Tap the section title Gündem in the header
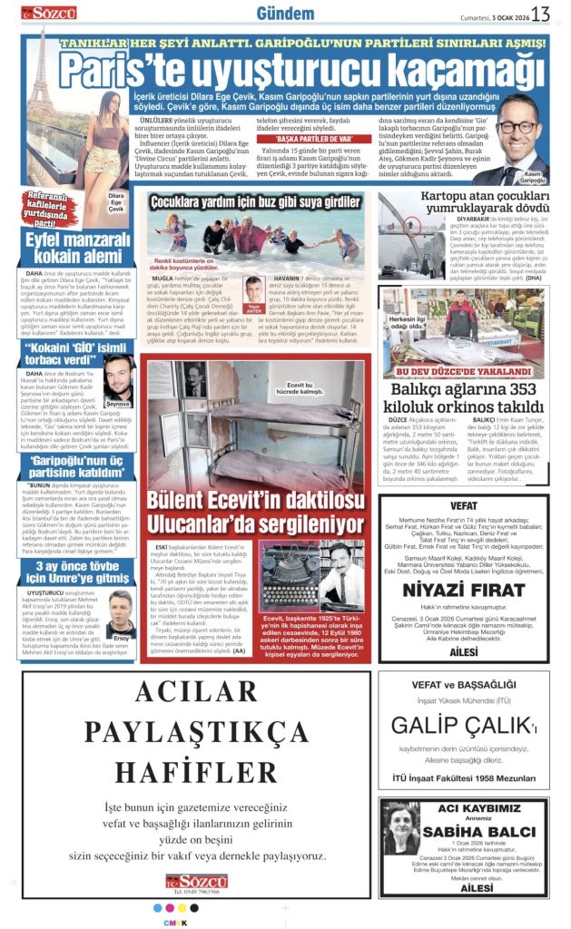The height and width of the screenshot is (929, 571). [285, 13]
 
